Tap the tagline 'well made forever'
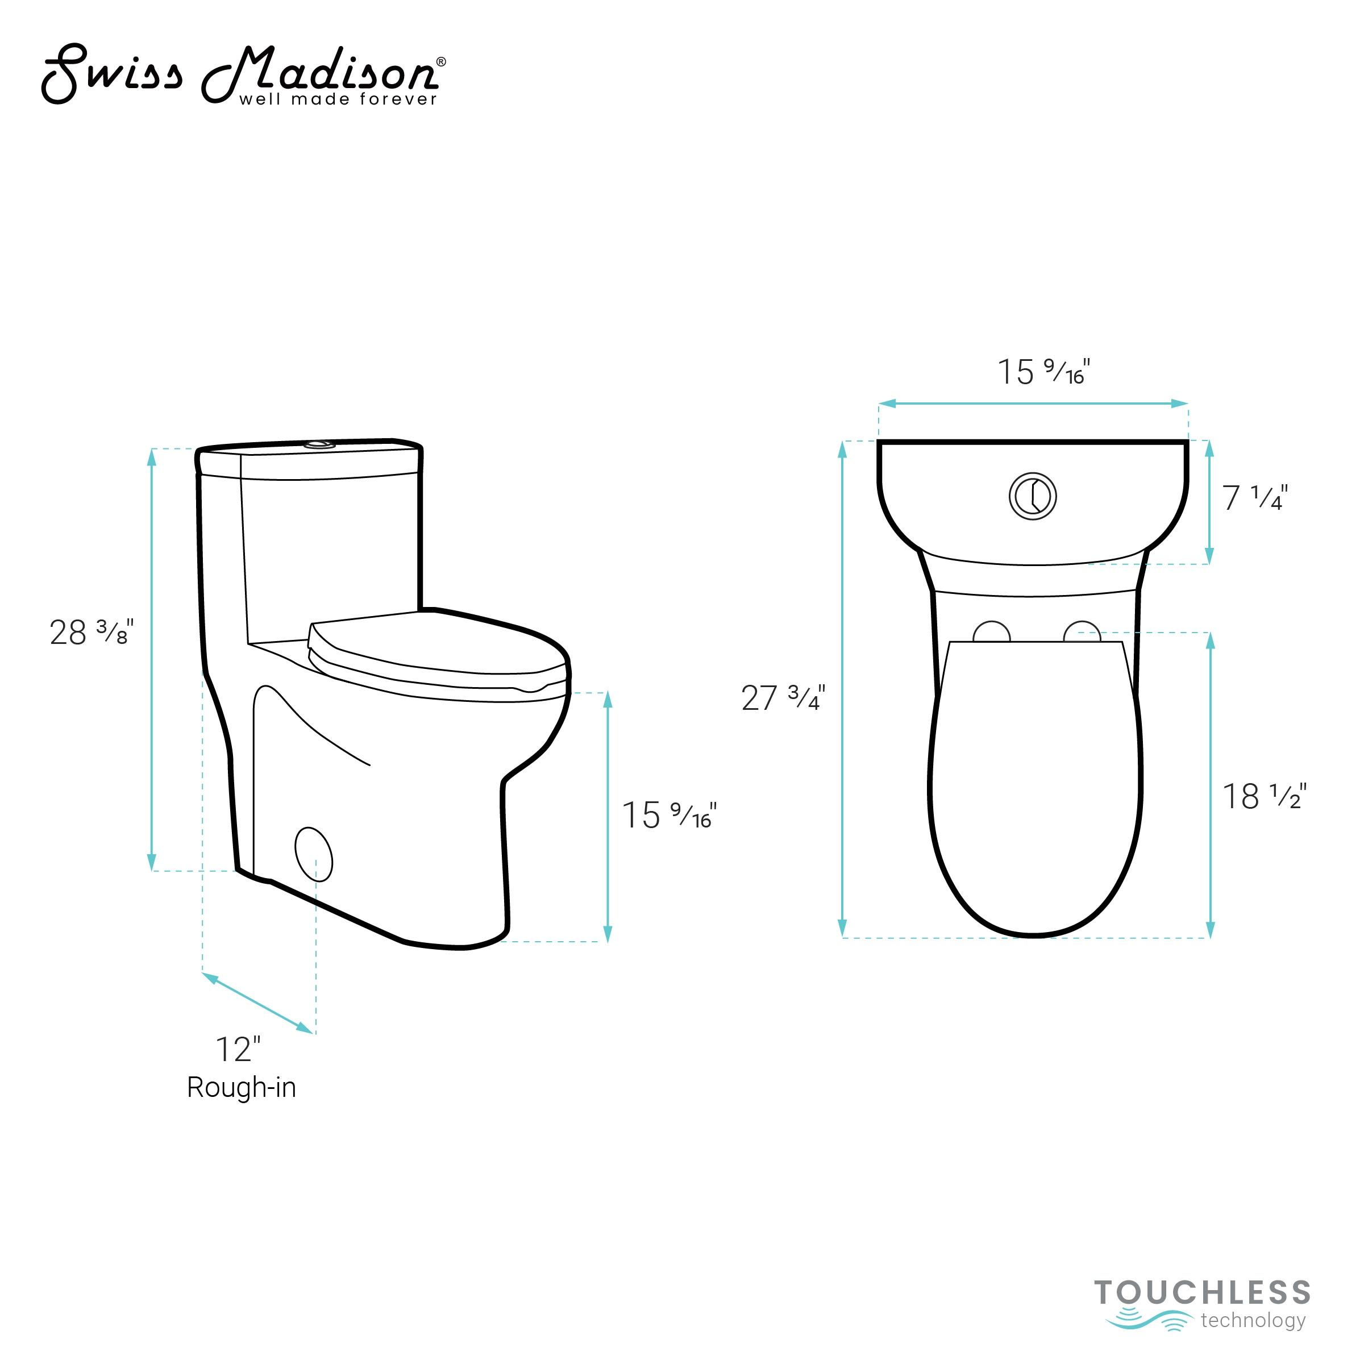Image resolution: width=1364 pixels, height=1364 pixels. coord(338,99)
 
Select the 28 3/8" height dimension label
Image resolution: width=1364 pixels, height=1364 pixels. coord(91,633)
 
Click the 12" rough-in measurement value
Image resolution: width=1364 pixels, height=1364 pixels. coord(238,1050)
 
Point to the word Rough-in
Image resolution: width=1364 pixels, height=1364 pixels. coord(242,1087)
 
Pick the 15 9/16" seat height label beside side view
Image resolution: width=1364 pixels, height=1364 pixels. coord(668,816)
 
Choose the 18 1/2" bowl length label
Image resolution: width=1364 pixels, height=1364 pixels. coord(1265,797)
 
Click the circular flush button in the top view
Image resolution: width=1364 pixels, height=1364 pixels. coord(1032,496)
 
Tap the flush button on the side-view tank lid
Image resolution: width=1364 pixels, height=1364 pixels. coord(318,445)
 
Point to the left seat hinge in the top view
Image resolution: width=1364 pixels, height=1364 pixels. coord(991,633)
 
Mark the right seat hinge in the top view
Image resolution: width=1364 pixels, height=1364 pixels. coord(1082,633)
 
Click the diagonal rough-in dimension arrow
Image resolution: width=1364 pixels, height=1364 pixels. coord(257,1003)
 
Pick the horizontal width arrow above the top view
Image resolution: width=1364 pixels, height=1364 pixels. coord(1033,403)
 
